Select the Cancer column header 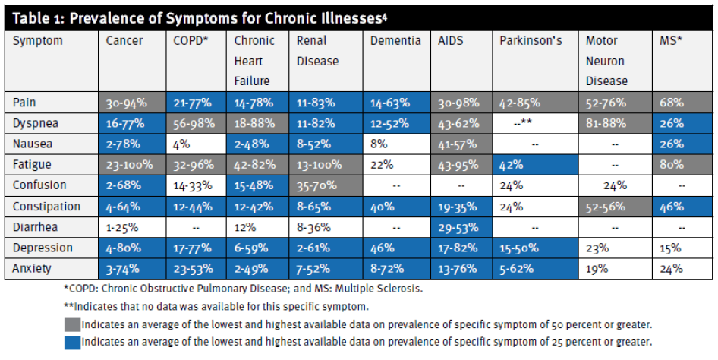pyautogui.click(x=124, y=41)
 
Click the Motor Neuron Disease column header pyautogui.click(x=606, y=61)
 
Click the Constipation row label pyautogui.click(x=46, y=206)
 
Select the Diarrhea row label pyautogui.click(x=36, y=227)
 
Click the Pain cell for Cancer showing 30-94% pyautogui.click(x=126, y=102)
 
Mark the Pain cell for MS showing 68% pyautogui.click(x=671, y=102)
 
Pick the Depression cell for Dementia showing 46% pyautogui.click(x=383, y=248)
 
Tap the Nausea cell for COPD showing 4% pyautogui.click(x=182, y=144)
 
